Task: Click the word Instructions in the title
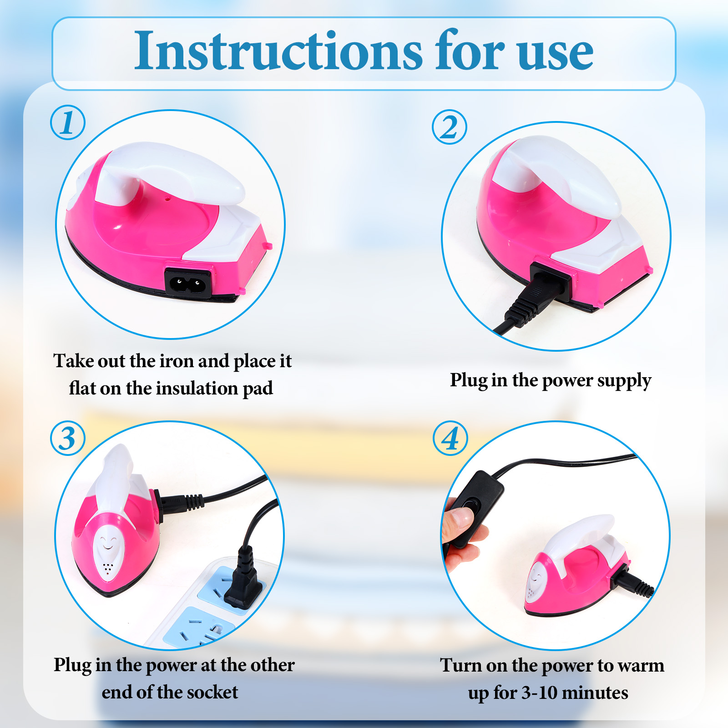point(278,51)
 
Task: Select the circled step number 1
point(68,122)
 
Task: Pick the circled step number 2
point(450,127)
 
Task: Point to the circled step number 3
point(68,438)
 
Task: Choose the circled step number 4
point(450,438)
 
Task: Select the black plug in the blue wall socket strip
point(244,579)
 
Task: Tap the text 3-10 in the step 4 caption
point(539,693)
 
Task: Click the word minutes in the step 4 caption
point(595,693)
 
